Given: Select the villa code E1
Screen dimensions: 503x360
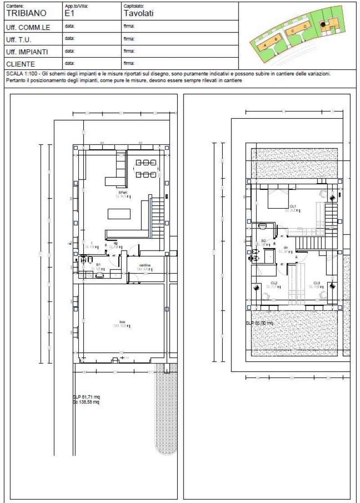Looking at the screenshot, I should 69,13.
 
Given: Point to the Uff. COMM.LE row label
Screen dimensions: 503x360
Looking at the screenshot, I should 28,27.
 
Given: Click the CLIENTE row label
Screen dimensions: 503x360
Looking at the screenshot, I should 21,64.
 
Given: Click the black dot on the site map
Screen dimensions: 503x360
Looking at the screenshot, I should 323,25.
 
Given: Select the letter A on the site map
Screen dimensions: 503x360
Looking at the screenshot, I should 265,45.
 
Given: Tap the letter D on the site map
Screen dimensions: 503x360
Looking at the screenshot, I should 305,27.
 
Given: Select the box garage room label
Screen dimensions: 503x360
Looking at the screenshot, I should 122,321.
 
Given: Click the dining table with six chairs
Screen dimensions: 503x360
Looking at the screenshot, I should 146,168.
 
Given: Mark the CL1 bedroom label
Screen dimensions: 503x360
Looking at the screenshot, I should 292,206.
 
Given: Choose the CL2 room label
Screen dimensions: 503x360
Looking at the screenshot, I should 274,283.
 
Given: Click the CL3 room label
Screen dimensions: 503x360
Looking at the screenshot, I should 317,283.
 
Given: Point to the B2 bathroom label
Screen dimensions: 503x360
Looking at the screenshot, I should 264,241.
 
